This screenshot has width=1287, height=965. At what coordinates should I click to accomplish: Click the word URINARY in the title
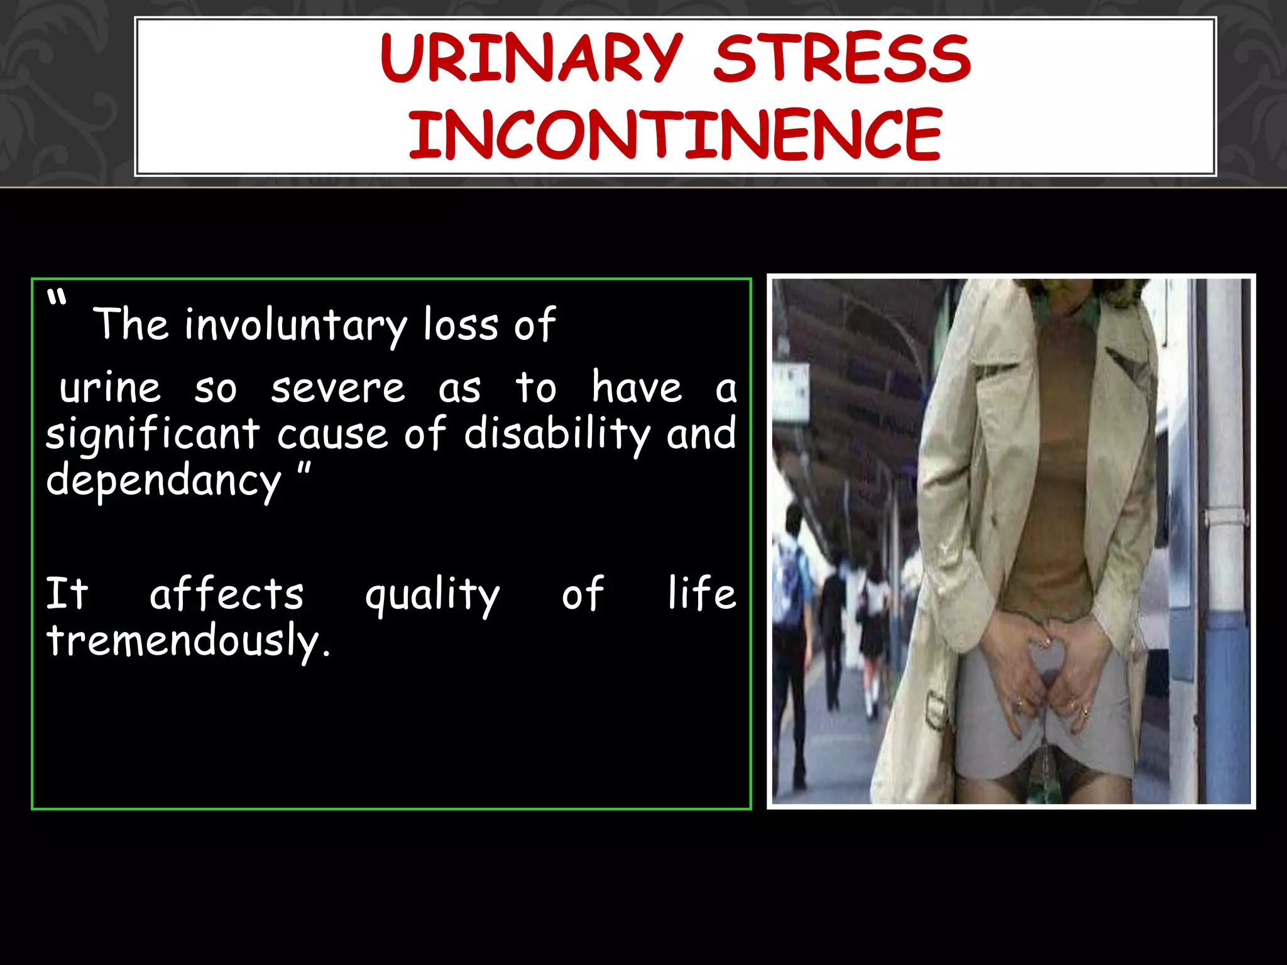(x=531, y=58)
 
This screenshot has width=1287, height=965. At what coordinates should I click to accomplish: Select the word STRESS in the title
(x=842, y=58)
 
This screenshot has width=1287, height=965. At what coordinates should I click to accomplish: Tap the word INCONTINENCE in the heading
(x=675, y=134)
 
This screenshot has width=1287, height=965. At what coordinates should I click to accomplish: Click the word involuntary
(x=295, y=325)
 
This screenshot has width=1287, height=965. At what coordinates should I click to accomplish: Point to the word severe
(x=338, y=388)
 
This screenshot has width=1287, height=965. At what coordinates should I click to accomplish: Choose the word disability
(x=557, y=433)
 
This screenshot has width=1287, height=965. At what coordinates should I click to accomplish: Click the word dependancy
(x=163, y=481)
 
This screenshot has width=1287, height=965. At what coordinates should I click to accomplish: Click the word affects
(x=226, y=594)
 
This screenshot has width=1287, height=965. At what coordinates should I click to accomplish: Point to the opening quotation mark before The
(x=57, y=298)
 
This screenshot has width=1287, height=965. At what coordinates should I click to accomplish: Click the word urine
(x=110, y=388)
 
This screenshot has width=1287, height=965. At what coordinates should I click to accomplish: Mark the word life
(x=701, y=593)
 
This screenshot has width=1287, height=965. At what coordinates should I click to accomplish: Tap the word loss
(x=461, y=325)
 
